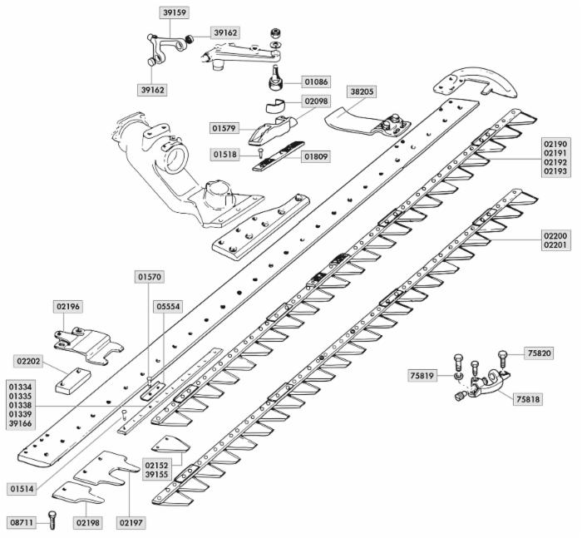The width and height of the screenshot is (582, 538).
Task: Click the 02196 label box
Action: click(69, 307)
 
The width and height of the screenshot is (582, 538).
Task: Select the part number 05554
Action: click(168, 307)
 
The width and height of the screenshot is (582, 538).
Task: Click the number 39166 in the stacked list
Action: click(21, 423)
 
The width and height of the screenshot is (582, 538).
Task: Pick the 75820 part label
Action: click(539, 353)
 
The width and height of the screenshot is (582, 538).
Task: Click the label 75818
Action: click(527, 399)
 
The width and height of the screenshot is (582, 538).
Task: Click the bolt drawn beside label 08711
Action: click(53, 522)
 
